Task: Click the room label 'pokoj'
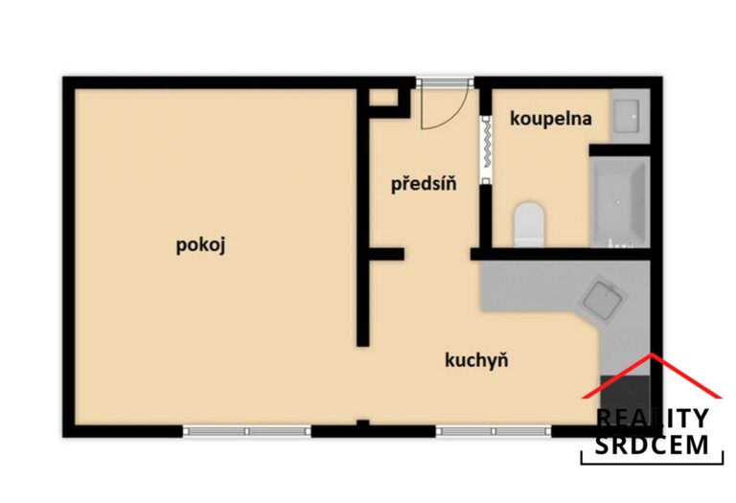tap(200, 244)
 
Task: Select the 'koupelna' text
tap(550, 119)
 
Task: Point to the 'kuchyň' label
tap(476, 360)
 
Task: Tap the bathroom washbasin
tap(630, 116)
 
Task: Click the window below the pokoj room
tap(247, 431)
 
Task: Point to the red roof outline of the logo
tap(652, 373)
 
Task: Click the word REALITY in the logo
tap(652, 418)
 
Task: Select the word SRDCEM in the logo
tap(652, 444)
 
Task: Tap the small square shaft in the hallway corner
tap(382, 98)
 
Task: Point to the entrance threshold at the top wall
tap(445, 81)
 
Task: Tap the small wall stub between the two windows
tap(362, 425)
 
